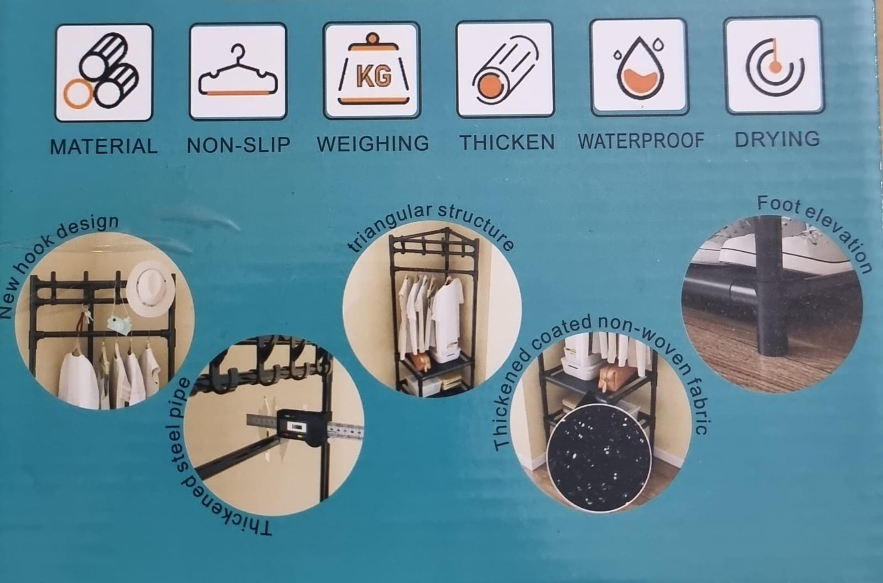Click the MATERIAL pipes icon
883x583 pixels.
(x=102, y=71)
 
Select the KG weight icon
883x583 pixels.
(x=373, y=70)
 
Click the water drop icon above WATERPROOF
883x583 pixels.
(x=639, y=67)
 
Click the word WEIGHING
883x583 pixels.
(x=373, y=143)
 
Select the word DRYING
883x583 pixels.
(x=777, y=139)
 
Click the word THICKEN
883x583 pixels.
(x=508, y=142)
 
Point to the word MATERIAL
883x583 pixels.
(x=104, y=146)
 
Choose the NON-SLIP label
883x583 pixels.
(x=238, y=145)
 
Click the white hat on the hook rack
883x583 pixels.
(x=151, y=288)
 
